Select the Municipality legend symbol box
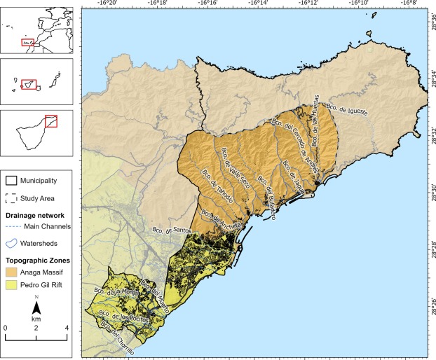[11, 181]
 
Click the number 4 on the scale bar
[67, 327]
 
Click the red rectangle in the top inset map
[29, 41]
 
